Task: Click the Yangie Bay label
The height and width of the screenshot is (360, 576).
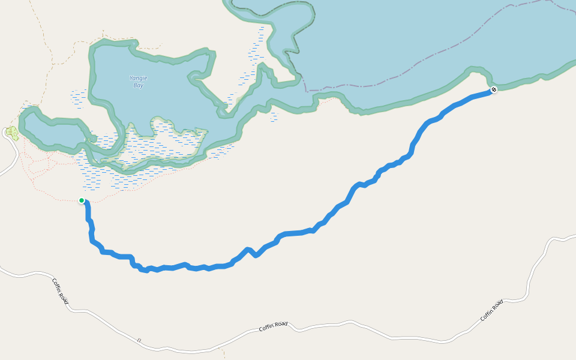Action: pos(139,82)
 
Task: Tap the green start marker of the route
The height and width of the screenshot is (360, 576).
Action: pos(82,200)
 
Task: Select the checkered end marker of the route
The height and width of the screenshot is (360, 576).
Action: pos(493,89)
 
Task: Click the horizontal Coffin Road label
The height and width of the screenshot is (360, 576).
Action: pos(273,327)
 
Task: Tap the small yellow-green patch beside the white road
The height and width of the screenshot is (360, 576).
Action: pos(11,133)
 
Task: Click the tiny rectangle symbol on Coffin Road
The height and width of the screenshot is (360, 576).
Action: pos(139,340)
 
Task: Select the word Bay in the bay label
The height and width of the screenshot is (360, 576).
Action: pos(139,85)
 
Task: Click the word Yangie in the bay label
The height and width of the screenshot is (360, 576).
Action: pos(139,78)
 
